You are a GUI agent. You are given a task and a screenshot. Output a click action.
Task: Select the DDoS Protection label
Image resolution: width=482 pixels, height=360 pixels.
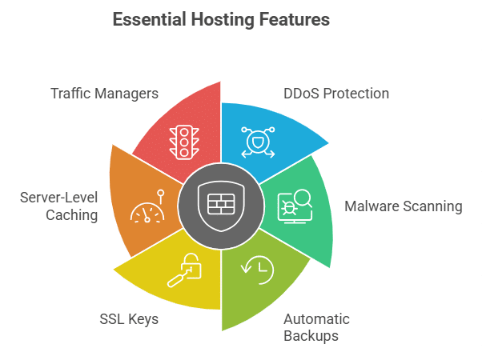point(336,94)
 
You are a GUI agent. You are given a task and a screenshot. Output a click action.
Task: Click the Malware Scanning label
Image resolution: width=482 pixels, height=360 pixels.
point(403,206)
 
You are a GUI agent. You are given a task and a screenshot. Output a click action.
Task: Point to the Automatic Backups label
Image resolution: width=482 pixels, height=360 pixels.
point(316,327)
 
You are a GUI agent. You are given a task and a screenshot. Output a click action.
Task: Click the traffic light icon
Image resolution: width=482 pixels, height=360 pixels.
point(183,142)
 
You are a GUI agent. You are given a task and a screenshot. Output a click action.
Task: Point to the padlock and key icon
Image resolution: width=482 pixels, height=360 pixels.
point(184,270)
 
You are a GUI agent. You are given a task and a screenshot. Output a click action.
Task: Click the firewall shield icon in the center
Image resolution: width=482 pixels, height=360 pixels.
point(220,205)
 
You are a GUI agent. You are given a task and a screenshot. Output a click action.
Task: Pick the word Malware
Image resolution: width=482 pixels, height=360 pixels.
point(372,206)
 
